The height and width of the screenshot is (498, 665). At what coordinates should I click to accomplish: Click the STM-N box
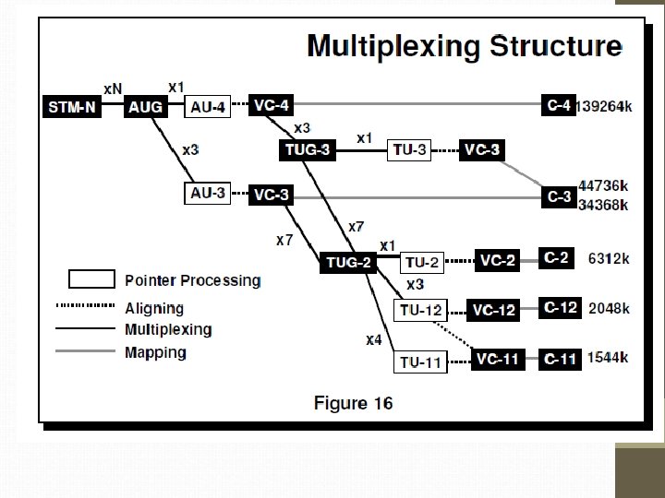pos(71,107)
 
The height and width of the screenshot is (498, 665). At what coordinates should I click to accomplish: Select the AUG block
pos(145,107)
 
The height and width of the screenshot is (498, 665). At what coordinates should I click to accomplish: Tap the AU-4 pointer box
pos(208,107)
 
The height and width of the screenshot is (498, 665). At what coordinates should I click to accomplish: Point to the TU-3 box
pos(409,149)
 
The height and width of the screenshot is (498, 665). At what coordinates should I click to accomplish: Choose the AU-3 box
pos(208,195)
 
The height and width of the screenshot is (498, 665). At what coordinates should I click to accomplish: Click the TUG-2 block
pos(348,263)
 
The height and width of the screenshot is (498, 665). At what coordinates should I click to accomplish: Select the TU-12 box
pos(420,310)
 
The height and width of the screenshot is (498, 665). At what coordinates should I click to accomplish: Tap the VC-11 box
pos(497,360)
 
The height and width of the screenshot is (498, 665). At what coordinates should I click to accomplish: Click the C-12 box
pos(561,307)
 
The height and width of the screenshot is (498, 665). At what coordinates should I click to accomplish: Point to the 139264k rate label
pos(605,107)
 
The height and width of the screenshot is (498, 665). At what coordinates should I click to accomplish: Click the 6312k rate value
pos(610,259)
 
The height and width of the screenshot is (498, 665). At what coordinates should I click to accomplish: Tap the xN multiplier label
pos(113,89)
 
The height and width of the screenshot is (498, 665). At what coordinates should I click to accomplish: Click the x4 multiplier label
pos(373,340)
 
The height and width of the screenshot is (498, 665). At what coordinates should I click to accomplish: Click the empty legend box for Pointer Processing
pos(91,279)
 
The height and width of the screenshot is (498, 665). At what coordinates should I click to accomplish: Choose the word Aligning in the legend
pos(154,308)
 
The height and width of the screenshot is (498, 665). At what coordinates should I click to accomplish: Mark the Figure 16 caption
pos(353,403)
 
